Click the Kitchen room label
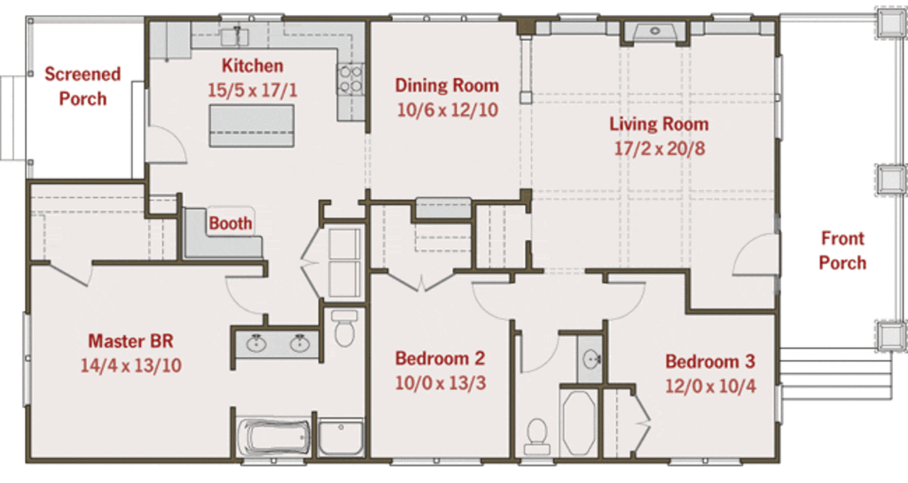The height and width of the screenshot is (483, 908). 253,66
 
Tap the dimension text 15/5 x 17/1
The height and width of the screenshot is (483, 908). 253,90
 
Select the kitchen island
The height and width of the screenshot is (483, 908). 251,126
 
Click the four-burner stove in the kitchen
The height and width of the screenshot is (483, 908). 349,79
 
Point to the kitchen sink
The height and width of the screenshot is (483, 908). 234,35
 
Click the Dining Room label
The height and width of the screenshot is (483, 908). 447,85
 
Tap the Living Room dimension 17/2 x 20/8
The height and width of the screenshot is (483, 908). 660,149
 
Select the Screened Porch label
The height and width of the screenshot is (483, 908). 82,86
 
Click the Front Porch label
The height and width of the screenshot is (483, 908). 842,251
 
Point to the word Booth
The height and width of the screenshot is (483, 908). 231,223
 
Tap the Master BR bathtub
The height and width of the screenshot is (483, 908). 274,437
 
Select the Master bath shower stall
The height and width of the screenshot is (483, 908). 341,437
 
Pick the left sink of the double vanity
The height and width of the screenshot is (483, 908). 255,344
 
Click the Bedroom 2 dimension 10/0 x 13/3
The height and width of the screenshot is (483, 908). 441,383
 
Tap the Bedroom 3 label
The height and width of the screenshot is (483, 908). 710,362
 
